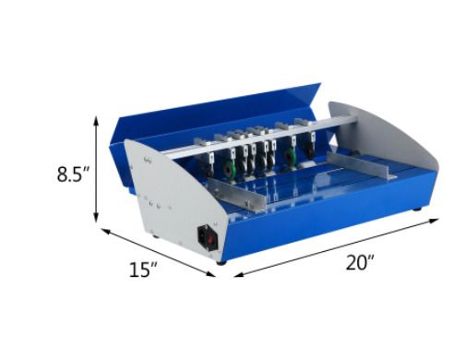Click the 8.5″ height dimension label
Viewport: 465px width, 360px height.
click(73, 174)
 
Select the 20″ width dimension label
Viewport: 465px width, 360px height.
click(360, 262)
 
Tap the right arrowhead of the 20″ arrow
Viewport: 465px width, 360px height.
click(434, 220)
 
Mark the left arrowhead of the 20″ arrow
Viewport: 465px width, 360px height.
click(239, 274)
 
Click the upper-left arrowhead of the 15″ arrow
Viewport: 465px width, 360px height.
click(106, 231)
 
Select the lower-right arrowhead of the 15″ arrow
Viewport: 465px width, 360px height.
click(210, 273)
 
